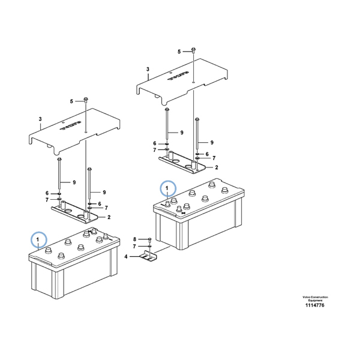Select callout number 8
tap(134, 239)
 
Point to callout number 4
tap(126, 257)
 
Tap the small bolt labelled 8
tap(148, 239)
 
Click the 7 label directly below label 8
tap(134, 247)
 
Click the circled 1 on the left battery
tap(39, 240)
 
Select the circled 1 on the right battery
tap(169, 188)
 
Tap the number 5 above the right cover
tap(179, 52)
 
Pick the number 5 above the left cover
tap(71, 101)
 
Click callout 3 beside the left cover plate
tap(40, 127)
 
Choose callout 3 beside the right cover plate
tap(148, 77)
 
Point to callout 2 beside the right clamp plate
tap(216, 167)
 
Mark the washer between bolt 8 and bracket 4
tap(148, 247)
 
